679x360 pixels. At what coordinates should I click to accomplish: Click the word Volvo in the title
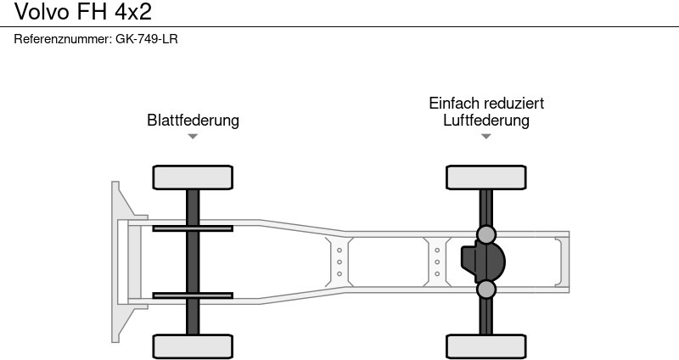(35, 11)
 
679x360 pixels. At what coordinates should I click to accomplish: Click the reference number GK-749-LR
(146, 39)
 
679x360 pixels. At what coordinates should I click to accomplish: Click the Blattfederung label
(193, 120)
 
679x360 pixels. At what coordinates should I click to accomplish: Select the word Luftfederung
(485, 120)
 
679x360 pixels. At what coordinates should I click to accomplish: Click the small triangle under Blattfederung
(193, 136)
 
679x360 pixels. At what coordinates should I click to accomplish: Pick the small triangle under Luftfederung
(485, 136)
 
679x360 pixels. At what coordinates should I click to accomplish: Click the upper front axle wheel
(193, 177)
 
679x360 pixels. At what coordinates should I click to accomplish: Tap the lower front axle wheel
(193, 346)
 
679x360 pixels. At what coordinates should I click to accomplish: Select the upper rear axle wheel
(485, 177)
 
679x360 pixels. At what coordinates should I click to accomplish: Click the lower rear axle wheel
(485, 346)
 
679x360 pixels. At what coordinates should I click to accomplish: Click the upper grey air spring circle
(485, 234)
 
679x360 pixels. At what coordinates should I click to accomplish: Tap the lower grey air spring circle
(485, 290)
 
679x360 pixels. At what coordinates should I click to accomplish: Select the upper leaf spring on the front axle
(193, 228)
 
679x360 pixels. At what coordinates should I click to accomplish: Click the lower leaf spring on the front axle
(193, 295)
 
